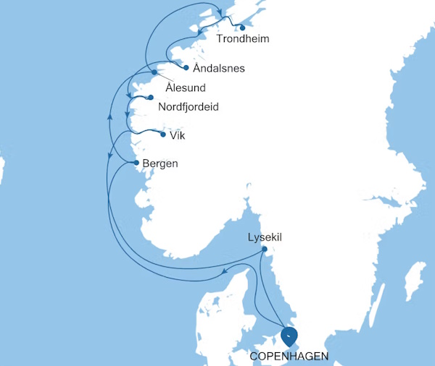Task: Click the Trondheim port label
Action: (x=243, y=39)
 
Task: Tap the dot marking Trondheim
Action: (x=242, y=28)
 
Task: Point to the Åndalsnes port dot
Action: (x=186, y=68)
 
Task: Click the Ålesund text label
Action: (x=186, y=88)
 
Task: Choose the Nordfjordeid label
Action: (x=188, y=107)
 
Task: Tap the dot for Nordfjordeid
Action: (x=150, y=98)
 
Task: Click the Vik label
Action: (x=177, y=135)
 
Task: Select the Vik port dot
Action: (x=163, y=134)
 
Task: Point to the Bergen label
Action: (x=160, y=164)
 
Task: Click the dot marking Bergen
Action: (x=136, y=163)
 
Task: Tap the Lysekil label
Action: (x=266, y=237)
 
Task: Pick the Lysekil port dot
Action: (x=265, y=250)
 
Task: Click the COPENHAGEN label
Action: (x=289, y=356)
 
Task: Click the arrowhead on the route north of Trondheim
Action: (x=218, y=12)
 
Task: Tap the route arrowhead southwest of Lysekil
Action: (x=225, y=272)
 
